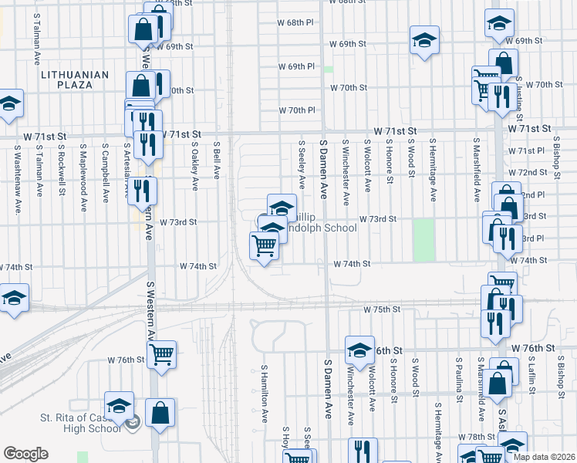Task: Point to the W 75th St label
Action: coord(382,309)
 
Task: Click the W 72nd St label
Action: coord(533,172)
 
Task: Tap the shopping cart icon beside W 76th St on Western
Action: coord(161,354)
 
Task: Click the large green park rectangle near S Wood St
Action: coord(423,240)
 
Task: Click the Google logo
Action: coord(26,454)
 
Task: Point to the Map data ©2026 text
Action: coord(545,457)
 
